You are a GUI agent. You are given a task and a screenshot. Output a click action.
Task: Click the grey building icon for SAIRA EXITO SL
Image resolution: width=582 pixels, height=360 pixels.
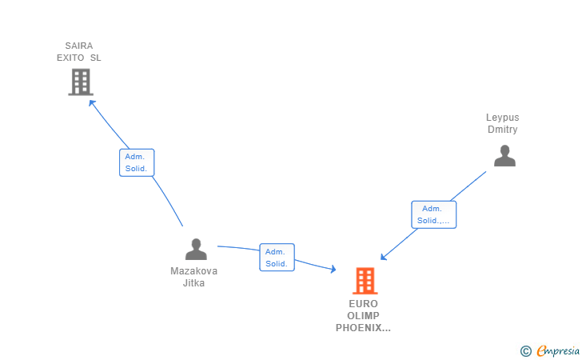[x=80, y=82]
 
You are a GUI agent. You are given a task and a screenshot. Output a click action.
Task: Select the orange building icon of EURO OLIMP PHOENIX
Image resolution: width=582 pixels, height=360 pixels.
[x=365, y=281]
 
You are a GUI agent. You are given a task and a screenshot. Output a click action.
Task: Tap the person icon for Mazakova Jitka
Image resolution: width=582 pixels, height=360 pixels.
[x=196, y=250]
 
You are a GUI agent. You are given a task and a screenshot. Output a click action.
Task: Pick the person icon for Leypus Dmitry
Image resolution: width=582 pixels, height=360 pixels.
[x=504, y=155]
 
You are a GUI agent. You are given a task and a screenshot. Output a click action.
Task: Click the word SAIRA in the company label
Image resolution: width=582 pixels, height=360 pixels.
[x=79, y=46]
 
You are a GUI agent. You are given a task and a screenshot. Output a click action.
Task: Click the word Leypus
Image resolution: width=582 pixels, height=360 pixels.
[x=502, y=118]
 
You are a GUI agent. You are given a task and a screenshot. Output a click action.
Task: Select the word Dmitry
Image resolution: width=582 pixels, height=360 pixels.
[x=502, y=130]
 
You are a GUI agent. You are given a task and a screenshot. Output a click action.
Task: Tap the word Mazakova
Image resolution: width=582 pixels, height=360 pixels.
[x=193, y=270]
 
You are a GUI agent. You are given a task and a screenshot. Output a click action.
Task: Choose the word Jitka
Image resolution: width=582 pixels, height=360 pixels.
[x=193, y=282]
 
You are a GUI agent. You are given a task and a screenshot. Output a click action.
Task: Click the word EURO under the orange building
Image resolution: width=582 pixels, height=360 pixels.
[x=363, y=304]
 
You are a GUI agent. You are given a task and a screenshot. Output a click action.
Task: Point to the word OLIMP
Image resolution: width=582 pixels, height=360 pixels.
[x=363, y=316]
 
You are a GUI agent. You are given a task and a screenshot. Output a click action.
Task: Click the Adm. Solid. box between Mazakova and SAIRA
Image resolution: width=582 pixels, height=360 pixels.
[x=137, y=162]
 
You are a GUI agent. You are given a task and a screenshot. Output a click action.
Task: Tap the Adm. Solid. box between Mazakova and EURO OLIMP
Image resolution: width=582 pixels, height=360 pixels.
[x=277, y=257]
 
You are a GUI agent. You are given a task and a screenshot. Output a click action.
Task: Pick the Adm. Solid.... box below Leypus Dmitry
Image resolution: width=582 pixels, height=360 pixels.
[x=434, y=214]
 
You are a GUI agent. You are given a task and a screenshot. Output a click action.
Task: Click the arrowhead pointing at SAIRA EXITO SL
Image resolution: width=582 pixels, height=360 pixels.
[x=91, y=102]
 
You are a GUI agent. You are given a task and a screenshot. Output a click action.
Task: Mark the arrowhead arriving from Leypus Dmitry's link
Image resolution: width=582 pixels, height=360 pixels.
[x=384, y=257]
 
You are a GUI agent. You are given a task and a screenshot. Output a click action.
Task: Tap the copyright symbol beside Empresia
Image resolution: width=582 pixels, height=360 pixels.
[x=525, y=350]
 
